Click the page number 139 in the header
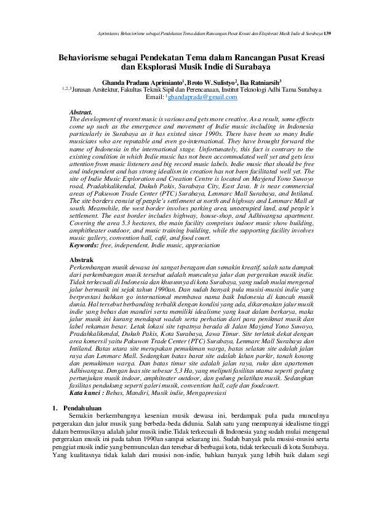[x=328, y=32]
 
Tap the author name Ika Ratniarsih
[x=233, y=81]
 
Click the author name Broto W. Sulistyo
[x=183, y=81]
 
